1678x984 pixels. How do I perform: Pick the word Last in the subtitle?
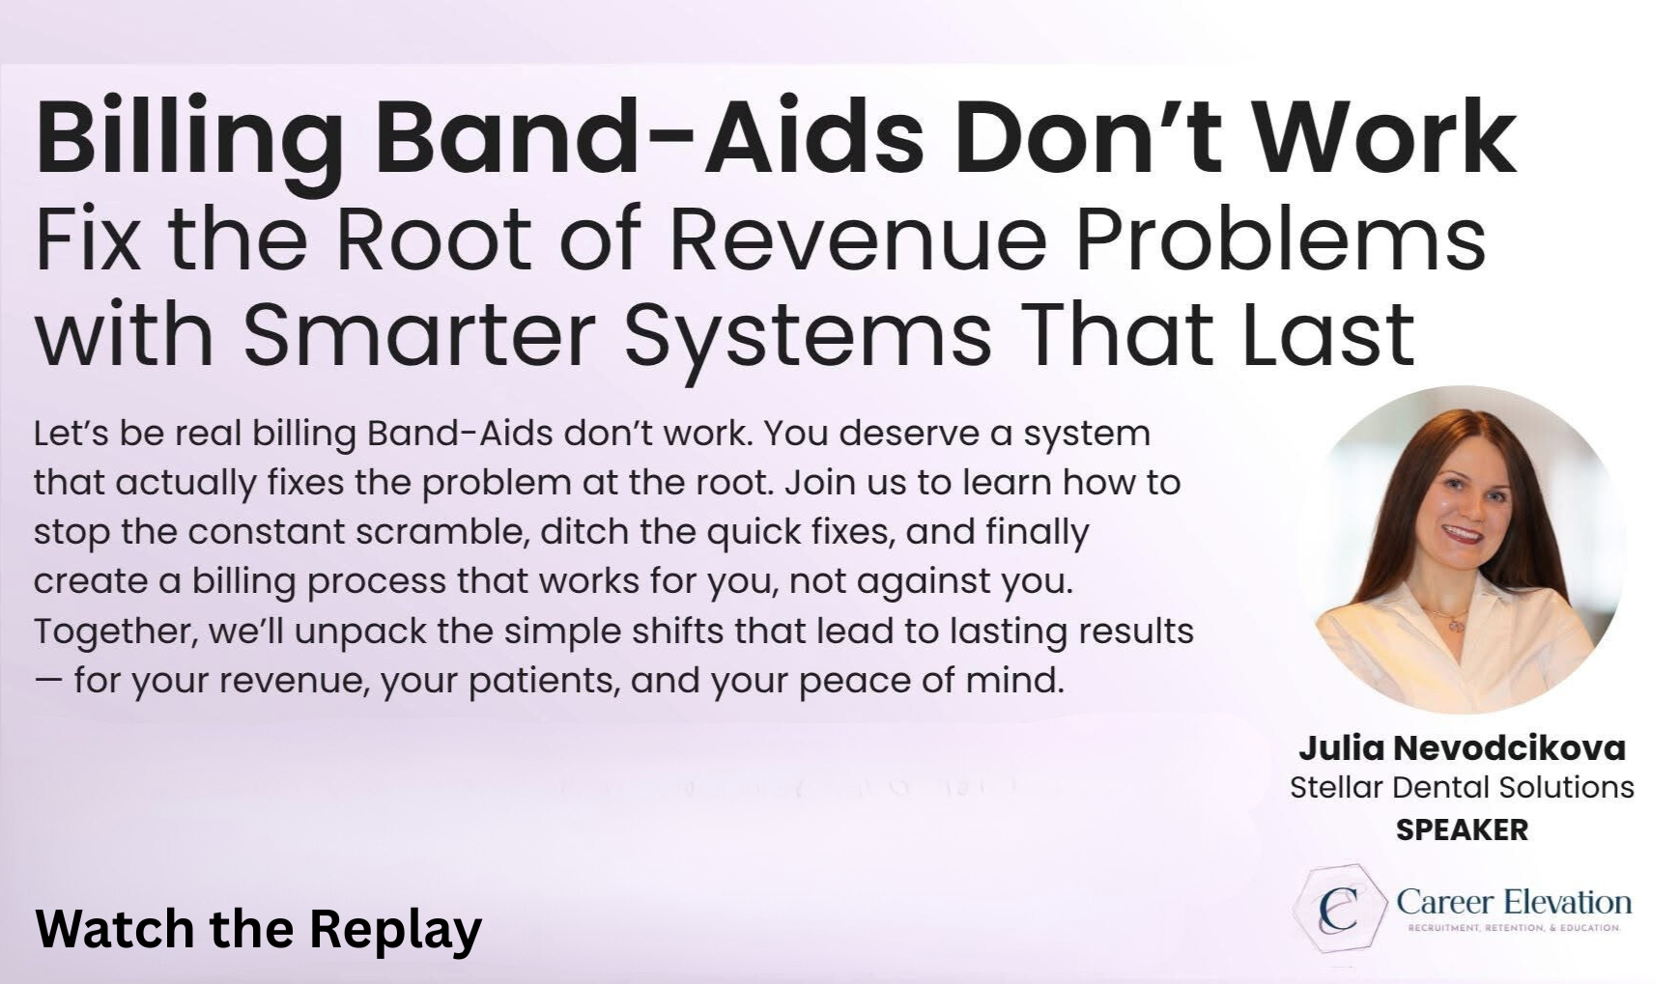coord(1328,333)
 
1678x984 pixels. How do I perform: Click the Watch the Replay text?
coord(258,929)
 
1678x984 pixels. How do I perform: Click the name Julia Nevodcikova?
coord(1462,747)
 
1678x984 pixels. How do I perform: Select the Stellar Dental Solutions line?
coord(1462,787)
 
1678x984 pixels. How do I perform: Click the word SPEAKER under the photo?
coord(1462,829)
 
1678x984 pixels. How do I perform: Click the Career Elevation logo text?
coord(1514,902)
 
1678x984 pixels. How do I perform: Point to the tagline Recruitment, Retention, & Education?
coord(1514,928)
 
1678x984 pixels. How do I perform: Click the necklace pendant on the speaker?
coord(1455,624)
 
